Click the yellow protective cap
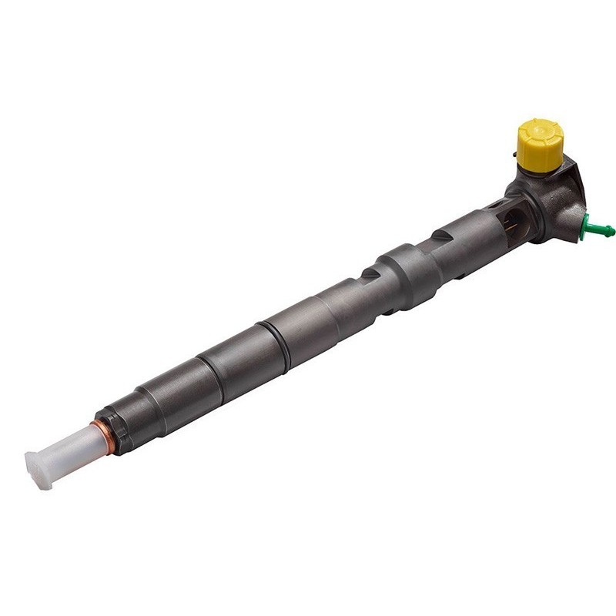click(x=538, y=145)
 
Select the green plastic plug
click(x=596, y=226)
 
